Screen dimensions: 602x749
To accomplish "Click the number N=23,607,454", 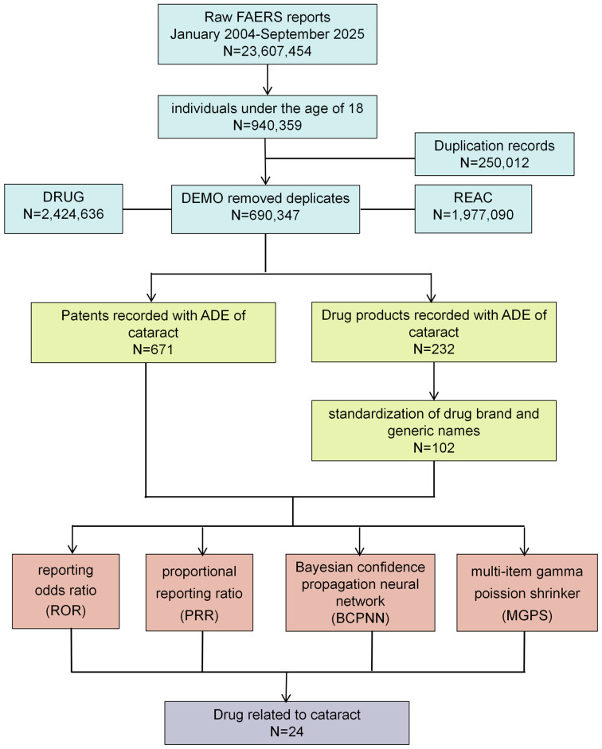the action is click(x=267, y=51).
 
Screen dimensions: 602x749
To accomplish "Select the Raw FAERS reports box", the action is click(x=268, y=34).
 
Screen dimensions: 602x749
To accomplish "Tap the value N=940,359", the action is click(x=267, y=125).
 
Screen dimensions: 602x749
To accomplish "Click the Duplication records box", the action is click(x=494, y=154).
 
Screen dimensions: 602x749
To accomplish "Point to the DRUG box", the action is click(x=64, y=209).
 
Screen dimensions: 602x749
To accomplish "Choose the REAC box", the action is click(x=473, y=209).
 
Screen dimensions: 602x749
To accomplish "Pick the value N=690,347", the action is click(x=265, y=215).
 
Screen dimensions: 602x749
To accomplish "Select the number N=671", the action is click(x=153, y=349).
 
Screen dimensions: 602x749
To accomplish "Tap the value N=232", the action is click(x=434, y=349).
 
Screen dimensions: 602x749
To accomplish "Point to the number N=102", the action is click(x=434, y=448).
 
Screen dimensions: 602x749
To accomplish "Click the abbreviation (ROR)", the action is click(x=65, y=611).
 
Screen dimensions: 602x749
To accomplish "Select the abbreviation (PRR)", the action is click(x=199, y=615).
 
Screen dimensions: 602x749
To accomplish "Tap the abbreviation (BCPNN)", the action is click(x=360, y=618).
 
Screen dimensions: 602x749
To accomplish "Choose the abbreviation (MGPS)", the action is click(x=527, y=615).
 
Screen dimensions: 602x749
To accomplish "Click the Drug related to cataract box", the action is click(x=287, y=723).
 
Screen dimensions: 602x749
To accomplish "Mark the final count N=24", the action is click(x=287, y=731).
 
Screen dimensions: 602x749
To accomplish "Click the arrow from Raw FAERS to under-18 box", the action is click(x=268, y=80).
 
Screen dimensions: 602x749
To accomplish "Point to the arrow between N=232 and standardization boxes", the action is click(x=434, y=381).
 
